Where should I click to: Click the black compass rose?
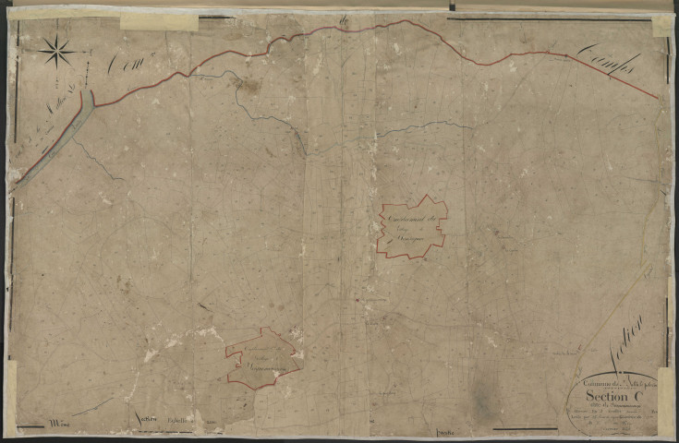(58, 51)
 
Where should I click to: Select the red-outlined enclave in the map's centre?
(412, 225)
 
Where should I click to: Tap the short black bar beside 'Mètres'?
(30, 426)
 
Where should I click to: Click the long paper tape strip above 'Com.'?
(159, 20)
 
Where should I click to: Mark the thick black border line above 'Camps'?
(554, 10)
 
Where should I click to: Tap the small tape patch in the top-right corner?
(663, 25)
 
